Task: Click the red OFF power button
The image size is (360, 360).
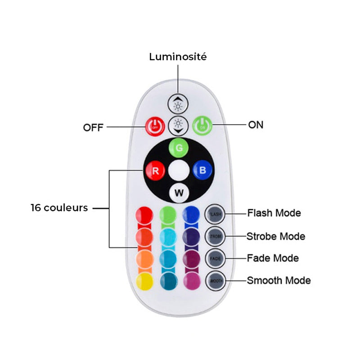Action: click(154, 126)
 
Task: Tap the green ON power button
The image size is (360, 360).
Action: click(202, 126)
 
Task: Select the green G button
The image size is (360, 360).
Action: click(178, 148)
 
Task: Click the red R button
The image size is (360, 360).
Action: click(154, 171)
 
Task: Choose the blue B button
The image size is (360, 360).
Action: click(202, 171)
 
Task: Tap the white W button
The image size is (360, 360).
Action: click(179, 193)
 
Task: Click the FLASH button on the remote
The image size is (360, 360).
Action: click(215, 214)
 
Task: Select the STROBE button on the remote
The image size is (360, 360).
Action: click(215, 236)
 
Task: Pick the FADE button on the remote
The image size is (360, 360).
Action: click(215, 258)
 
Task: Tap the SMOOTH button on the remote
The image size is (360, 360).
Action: click(215, 280)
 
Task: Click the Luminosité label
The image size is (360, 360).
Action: click(178, 57)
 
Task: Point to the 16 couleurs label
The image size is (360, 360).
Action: click(59, 208)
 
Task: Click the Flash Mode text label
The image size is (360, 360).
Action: click(274, 213)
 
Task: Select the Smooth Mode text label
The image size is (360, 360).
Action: click(279, 280)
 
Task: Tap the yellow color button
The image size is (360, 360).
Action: click(144, 281)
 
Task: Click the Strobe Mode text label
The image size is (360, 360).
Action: click(276, 236)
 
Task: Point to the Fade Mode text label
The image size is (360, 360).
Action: click(273, 258)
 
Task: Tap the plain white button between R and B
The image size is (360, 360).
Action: click(178, 171)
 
